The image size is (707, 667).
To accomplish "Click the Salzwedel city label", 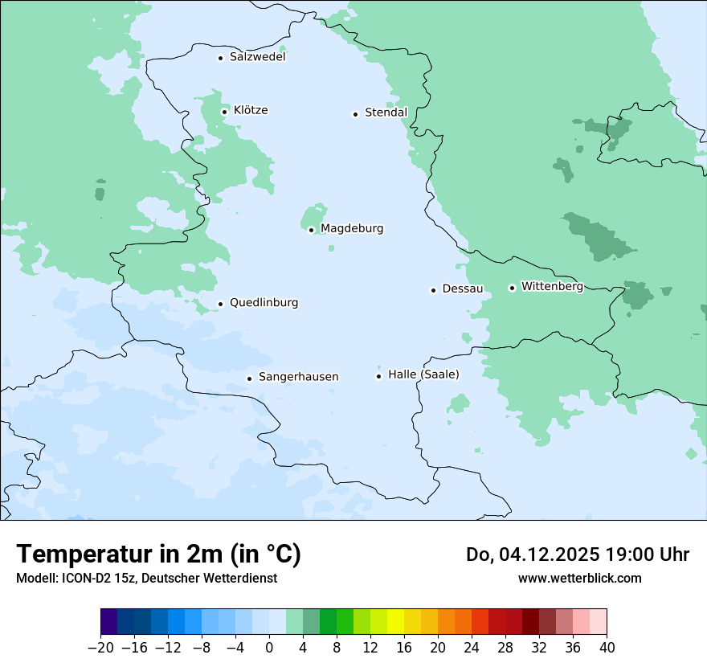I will click(x=257, y=57).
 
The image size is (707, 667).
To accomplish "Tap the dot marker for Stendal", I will click(x=355, y=113).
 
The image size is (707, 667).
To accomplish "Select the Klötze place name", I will click(x=251, y=110).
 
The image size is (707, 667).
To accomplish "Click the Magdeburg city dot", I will click(x=311, y=230).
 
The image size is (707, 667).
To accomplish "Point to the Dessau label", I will click(x=463, y=288).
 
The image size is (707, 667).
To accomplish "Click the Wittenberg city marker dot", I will click(x=512, y=288).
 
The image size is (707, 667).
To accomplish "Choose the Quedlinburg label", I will click(x=264, y=303).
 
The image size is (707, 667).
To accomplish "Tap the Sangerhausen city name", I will click(x=298, y=377).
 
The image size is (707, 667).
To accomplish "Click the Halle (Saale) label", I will click(x=423, y=374).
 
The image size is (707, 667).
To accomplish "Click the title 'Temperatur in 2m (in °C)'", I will click(x=158, y=554).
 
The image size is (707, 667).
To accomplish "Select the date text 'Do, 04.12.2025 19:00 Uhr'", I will click(x=578, y=554).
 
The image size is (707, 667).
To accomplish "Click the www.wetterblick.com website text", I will click(x=579, y=578).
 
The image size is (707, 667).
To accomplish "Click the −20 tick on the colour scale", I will click(x=101, y=648).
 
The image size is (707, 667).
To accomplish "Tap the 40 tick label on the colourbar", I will click(x=607, y=648).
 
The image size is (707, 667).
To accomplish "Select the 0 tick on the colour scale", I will click(x=269, y=648).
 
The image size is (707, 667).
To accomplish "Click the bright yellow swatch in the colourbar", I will click(x=395, y=622).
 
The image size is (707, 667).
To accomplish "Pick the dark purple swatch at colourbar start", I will click(x=109, y=622).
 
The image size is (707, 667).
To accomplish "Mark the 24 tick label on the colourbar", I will click(x=472, y=648).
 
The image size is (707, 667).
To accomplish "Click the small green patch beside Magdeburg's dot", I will click(x=312, y=216).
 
